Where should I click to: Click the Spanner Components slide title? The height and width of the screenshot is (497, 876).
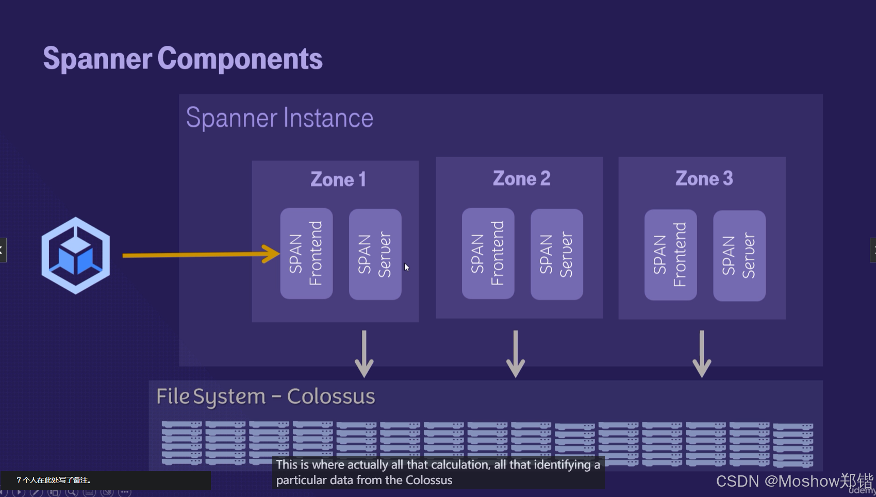(183, 58)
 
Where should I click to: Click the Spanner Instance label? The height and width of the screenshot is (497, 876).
(279, 118)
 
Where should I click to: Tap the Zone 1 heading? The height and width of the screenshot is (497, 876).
(338, 179)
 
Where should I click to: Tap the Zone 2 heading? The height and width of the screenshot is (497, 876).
(521, 178)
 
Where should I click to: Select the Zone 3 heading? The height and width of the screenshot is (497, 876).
(704, 178)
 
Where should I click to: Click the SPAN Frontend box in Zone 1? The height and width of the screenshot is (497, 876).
(306, 253)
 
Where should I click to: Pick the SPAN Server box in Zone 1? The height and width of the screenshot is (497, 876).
(375, 254)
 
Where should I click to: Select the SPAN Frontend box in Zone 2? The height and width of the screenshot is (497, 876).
(488, 253)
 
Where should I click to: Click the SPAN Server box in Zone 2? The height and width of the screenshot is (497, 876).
(556, 254)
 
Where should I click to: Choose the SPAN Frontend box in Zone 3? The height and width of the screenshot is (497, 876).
(670, 255)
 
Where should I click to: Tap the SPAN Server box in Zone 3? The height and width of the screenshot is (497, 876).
(739, 255)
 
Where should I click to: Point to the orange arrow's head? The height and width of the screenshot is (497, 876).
(272, 254)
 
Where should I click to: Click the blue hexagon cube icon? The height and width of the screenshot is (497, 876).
(76, 255)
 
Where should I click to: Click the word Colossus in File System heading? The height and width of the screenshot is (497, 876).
(330, 396)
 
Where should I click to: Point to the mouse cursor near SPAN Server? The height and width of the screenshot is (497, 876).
(406, 267)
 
